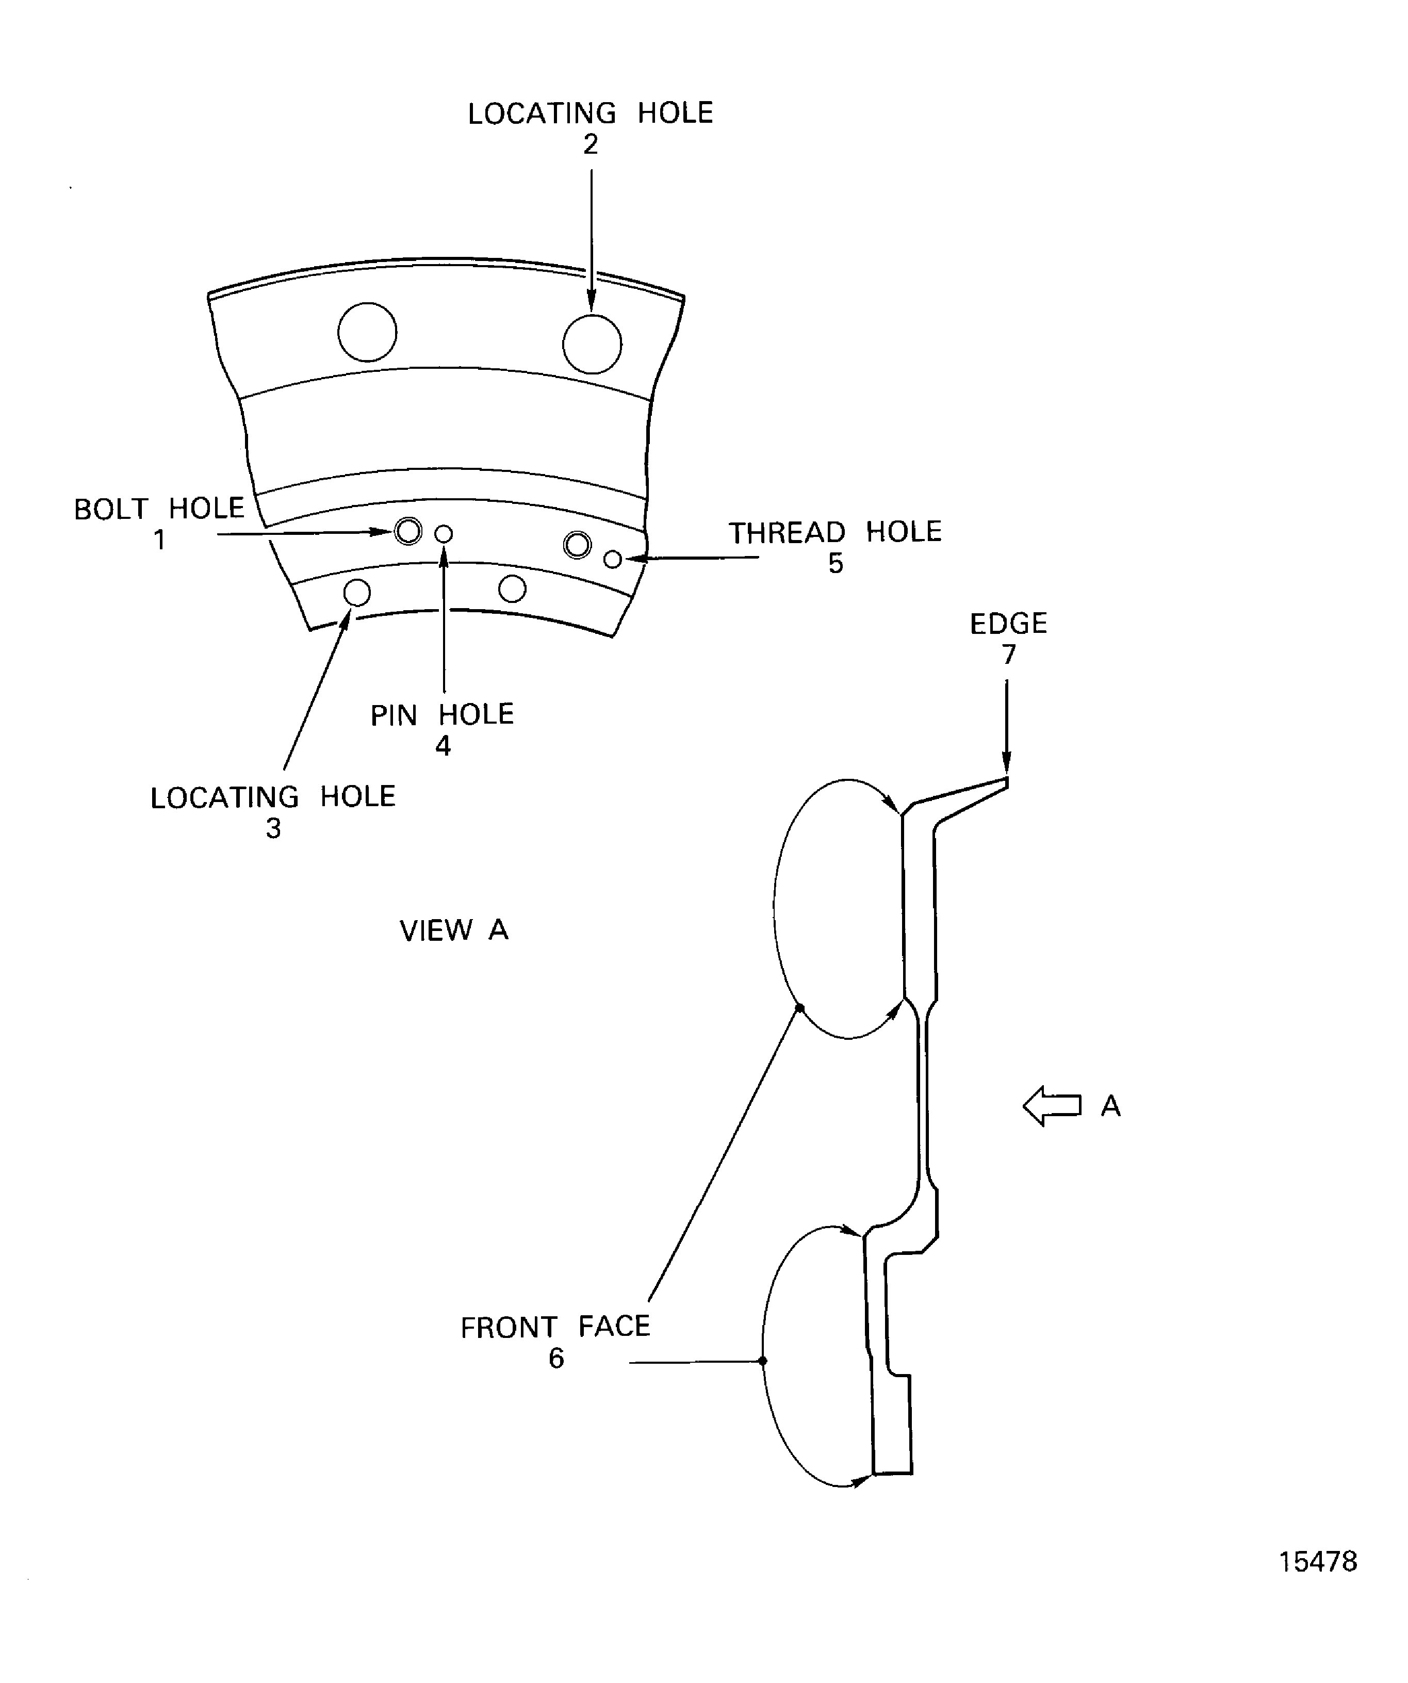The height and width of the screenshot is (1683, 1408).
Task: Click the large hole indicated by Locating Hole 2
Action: tap(592, 345)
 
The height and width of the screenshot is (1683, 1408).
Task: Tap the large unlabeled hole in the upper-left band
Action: tap(367, 332)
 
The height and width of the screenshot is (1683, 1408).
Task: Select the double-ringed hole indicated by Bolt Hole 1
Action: tap(408, 531)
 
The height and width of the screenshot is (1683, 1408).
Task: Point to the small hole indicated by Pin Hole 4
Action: tap(443, 534)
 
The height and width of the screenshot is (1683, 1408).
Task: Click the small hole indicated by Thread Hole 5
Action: tap(613, 559)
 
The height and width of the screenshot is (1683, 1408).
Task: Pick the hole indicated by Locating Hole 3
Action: tap(356, 593)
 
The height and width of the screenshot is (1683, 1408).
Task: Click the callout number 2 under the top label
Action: tap(591, 145)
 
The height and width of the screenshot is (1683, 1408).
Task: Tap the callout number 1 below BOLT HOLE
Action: tap(159, 540)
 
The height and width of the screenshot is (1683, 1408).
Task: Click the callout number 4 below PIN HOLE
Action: tap(443, 746)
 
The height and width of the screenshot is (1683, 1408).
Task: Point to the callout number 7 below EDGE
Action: tap(1008, 655)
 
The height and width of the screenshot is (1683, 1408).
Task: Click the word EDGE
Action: tap(1008, 624)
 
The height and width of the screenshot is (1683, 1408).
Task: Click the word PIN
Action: tap(394, 715)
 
